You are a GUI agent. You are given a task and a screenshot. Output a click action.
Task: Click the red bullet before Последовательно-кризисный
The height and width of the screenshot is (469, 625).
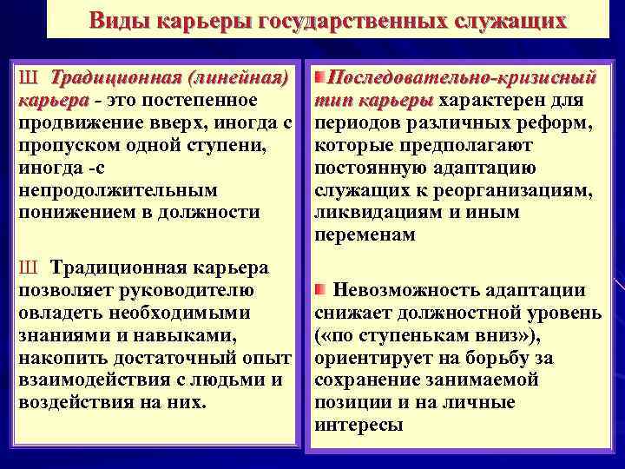tap(320, 79)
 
